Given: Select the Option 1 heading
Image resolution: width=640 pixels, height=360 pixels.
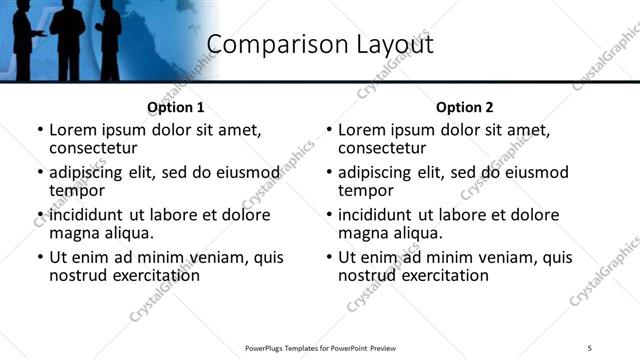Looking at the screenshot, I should pos(176,107).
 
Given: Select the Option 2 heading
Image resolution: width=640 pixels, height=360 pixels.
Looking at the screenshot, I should pos(465,107).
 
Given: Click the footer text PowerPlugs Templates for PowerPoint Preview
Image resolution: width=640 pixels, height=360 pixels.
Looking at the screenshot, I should pos(320,347).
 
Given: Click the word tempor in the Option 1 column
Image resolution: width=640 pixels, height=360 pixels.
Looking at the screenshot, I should pos(77,190).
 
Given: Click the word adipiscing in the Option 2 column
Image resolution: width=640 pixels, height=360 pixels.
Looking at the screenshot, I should pos(376,172).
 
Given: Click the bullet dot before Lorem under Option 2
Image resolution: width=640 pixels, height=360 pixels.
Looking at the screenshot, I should pos(329,131).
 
